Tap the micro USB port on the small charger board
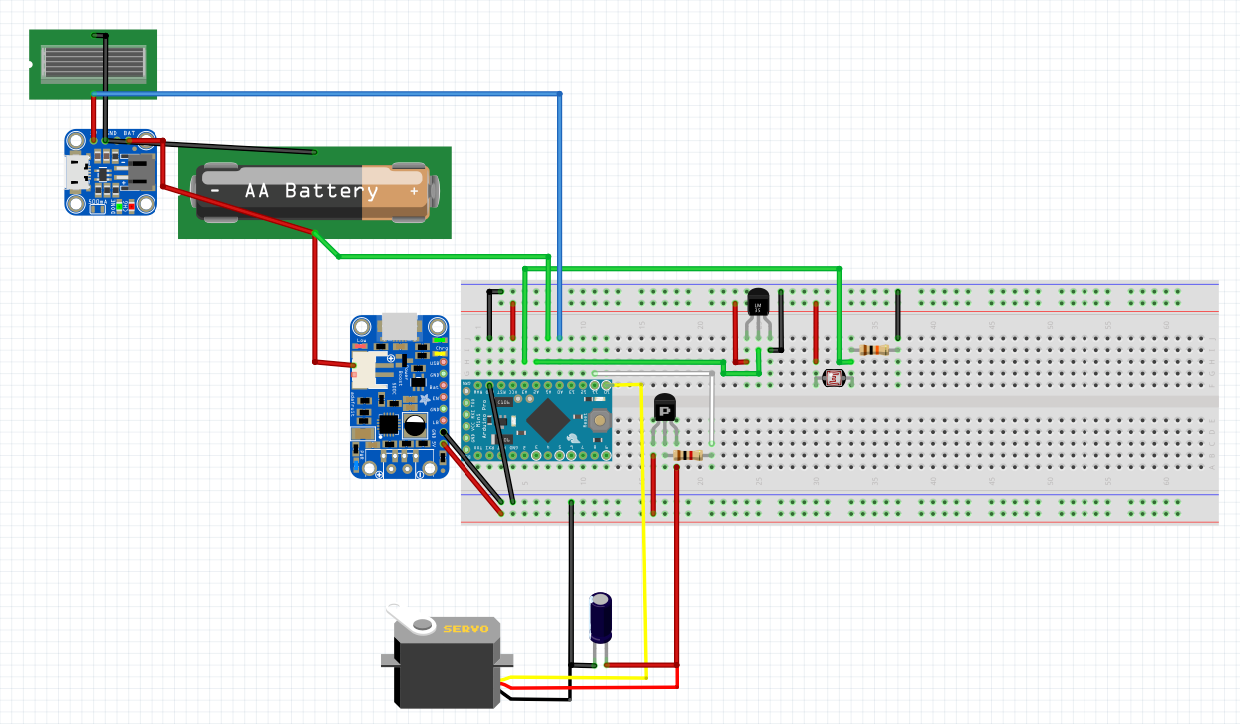(76, 174)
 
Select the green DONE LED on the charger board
(122, 207)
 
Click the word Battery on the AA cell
(331, 191)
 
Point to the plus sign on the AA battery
(413, 191)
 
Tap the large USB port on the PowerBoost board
(399, 325)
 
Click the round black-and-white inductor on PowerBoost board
(415, 428)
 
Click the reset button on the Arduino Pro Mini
(599, 420)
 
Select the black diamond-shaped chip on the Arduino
(547, 420)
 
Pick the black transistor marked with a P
(665, 408)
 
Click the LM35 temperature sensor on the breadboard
(758, 304)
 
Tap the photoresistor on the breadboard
(831, 378)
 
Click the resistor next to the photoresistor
(875, 350)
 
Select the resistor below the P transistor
(689, 455)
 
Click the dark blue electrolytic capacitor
(601, 618)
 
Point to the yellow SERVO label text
(465, 629)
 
